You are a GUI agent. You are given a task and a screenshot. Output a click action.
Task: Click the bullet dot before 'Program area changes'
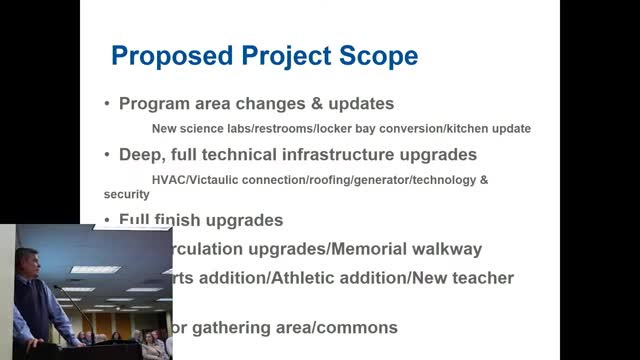coord(108,103)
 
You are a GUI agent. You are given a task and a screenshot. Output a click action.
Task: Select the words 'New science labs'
coord(196,129)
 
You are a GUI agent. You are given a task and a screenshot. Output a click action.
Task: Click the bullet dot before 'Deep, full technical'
coord(108,155)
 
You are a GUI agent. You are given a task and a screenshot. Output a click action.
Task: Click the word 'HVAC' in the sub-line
coord(167,180)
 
